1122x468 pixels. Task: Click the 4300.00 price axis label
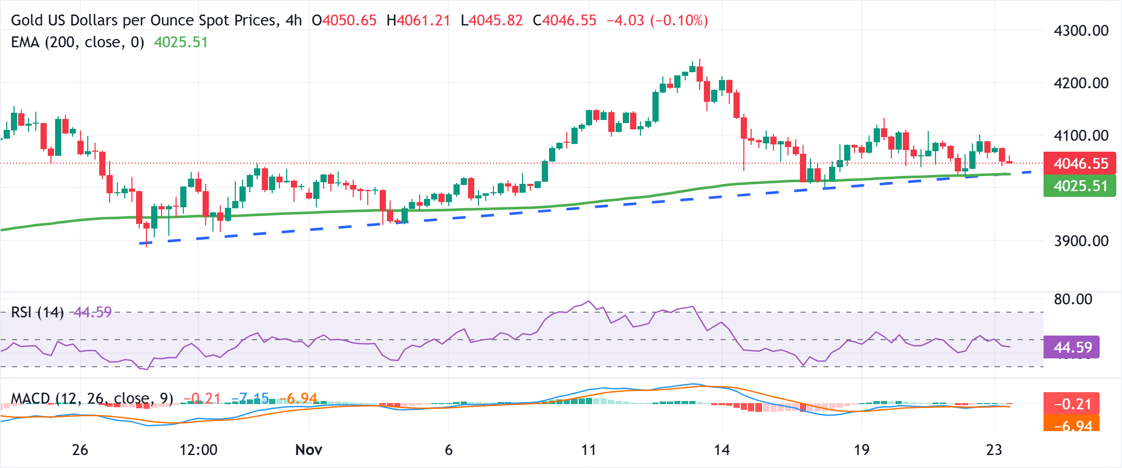[1080, 31]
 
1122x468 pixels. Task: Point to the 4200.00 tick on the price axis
[1080, 83]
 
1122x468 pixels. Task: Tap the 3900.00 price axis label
[1080, 241]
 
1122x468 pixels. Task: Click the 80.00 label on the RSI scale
[1073, 299]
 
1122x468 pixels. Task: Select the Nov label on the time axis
[309, 450]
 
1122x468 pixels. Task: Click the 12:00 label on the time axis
[198, 450]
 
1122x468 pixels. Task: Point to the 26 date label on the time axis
[80, 450]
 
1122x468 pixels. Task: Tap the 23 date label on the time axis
[994, 450]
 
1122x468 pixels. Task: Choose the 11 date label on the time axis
[589, 450]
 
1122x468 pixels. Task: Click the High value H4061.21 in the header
[418, 20]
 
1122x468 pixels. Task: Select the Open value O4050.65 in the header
[344, 20]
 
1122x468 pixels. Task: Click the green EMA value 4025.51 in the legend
[181, 42]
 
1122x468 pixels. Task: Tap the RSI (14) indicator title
[37, 312]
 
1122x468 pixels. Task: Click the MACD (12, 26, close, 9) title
[92, 398]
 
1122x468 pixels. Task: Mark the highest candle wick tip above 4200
[700, 60]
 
